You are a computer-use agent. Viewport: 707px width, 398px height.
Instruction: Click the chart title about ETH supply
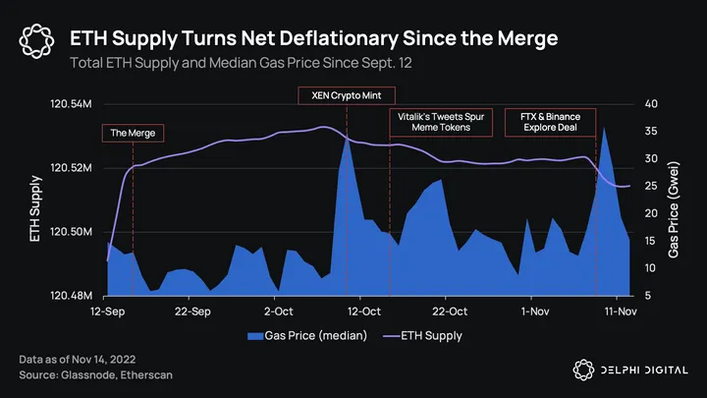point(314,38)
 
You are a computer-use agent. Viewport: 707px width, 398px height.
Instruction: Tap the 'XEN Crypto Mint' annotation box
point(346,95)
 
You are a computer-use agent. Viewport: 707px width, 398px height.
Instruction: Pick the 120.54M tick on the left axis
point(72,104)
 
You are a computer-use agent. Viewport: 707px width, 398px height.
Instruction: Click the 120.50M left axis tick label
point(72,232)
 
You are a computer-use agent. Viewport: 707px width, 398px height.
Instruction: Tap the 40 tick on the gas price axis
point(651,104)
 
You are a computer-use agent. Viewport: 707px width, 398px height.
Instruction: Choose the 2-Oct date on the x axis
point(278,312)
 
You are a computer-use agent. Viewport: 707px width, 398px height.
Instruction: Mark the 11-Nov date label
point(617,312)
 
